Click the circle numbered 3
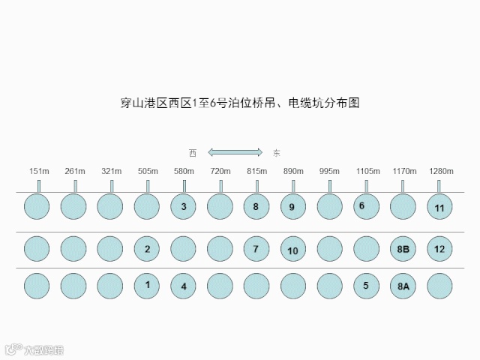[184, 205]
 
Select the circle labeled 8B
[403, 248]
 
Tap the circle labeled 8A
[403, 286]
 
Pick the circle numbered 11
[439, 206]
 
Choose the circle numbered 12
[439, 248]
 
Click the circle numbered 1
[147, 285]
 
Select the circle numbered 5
[366, 285]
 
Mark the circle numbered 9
[293, 206]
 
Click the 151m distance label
[39, 171]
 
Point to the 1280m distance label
[441, 171]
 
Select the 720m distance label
[220, 171]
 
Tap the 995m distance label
[330, 171]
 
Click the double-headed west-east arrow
[235, 152]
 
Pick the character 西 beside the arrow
[193, 152]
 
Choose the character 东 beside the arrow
[277, 152]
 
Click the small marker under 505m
[148, 185]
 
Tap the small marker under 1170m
[403, 185]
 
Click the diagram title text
[240, 103]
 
